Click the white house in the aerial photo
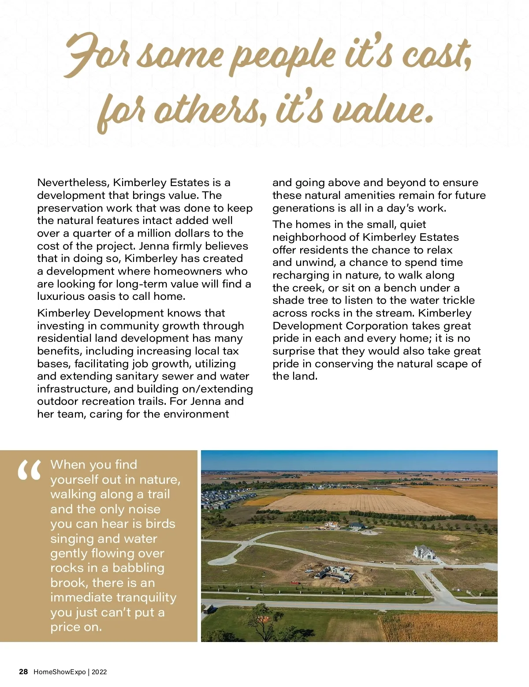pyautogui.click(x=424, y=553)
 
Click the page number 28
pyautogui.click(x=23, y=672)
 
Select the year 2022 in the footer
pyautogui.click(x=99, y=672)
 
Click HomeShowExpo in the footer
pyautogui.click(x=60, y=672)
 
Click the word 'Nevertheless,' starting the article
pyautogui.click(x=73, y=183)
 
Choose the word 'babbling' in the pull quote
pyautogui.click(x=138, y=568)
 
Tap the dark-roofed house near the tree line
pyautogui.click(x=356, y=526)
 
